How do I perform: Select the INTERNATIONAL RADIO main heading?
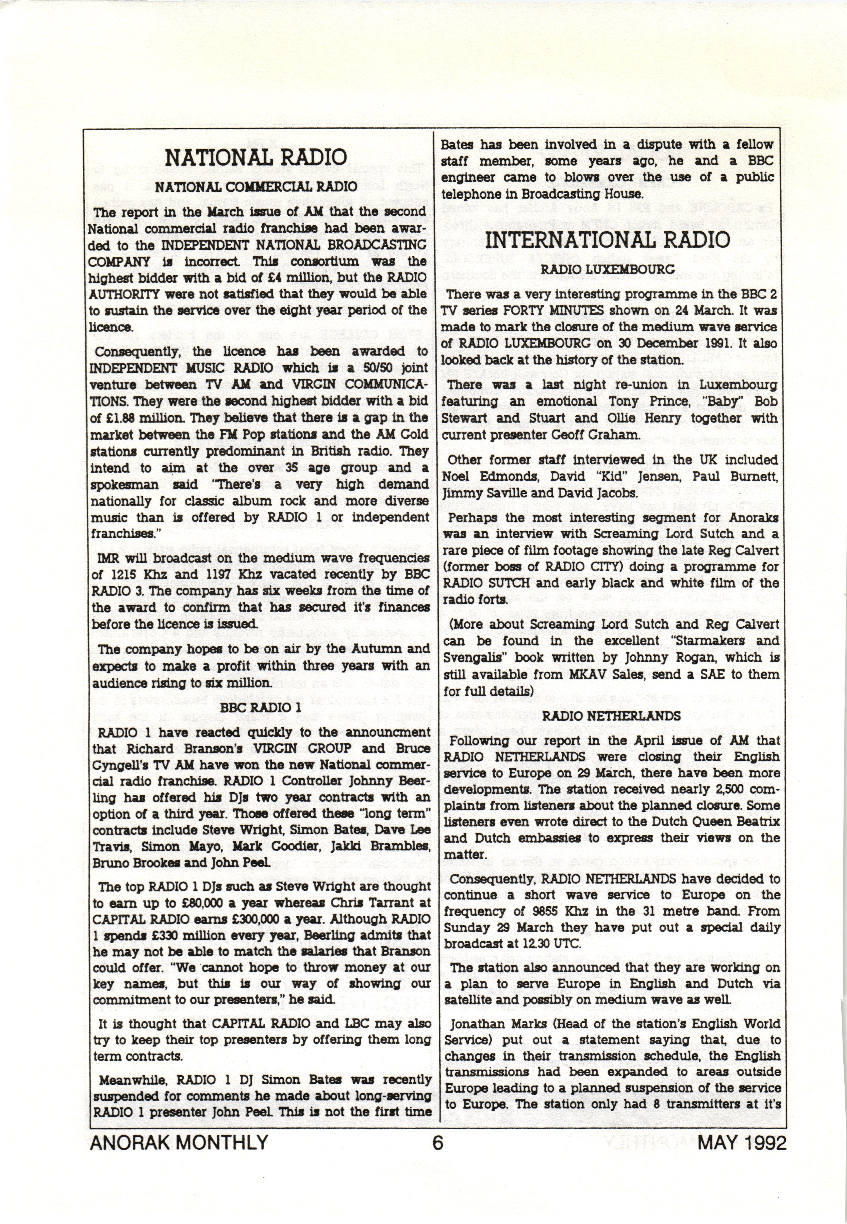(x=608, y=240)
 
